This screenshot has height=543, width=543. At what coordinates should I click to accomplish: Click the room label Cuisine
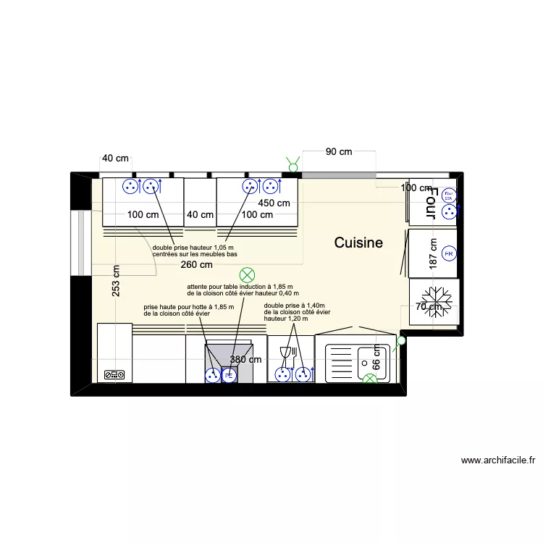pos(358,243)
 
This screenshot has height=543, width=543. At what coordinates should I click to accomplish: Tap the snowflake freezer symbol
pos(437,298)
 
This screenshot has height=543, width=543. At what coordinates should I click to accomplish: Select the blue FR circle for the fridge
pos(448,254)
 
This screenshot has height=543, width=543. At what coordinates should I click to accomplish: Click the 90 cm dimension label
pos(338,151)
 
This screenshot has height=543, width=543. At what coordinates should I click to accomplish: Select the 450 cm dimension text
pos(274,203)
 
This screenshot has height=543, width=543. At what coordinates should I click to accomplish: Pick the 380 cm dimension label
pos(246,359)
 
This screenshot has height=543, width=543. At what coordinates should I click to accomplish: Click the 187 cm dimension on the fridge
pos(433,254)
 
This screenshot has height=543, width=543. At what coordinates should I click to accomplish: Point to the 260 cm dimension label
pos(197,265)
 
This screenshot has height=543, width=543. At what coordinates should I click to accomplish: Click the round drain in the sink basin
pos(362,356)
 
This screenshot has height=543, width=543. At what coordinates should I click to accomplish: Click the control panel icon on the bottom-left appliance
pos(114,375)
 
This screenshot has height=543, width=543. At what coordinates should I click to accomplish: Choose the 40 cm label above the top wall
pos(115,158)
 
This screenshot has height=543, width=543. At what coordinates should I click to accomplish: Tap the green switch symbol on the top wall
pos(293,166)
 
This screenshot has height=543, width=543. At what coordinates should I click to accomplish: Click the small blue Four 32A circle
pos(448,195)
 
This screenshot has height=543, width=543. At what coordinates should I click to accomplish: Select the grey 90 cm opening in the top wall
pos(338,174)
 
